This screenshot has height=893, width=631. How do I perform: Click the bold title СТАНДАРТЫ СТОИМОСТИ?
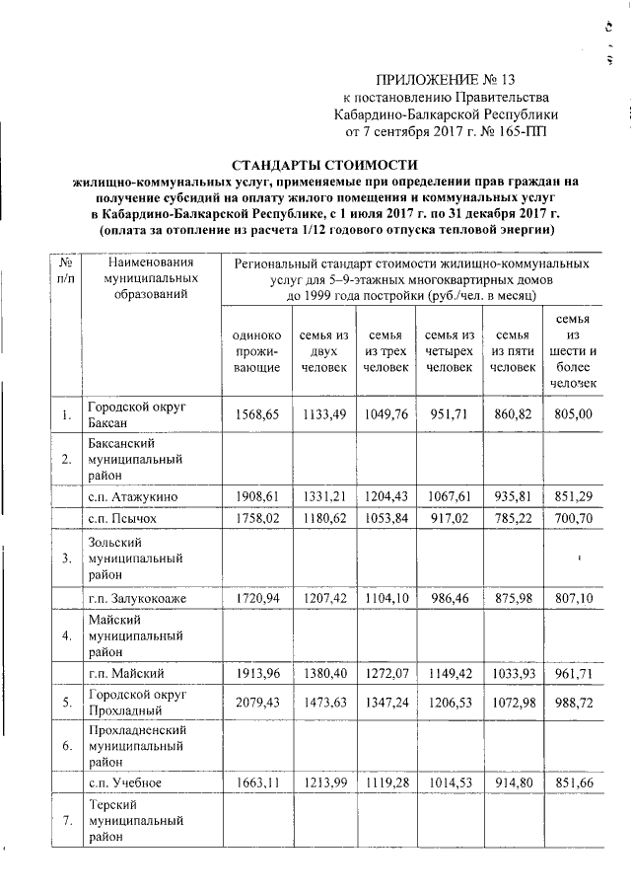pyautogui.click(x=324, y=165)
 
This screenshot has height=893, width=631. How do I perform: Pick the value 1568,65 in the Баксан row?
pyautogui.click(x=255, y=415)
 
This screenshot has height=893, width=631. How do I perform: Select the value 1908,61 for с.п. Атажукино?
pyautogui.click(x=255, y=495)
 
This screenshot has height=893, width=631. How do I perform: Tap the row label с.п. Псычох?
pyautogui.click(x=122, y=516)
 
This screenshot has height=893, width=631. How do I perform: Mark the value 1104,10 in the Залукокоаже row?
pyautogui.click(x=386, y=598)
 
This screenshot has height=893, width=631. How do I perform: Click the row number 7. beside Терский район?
pyautogui.click(x=65, y=823)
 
